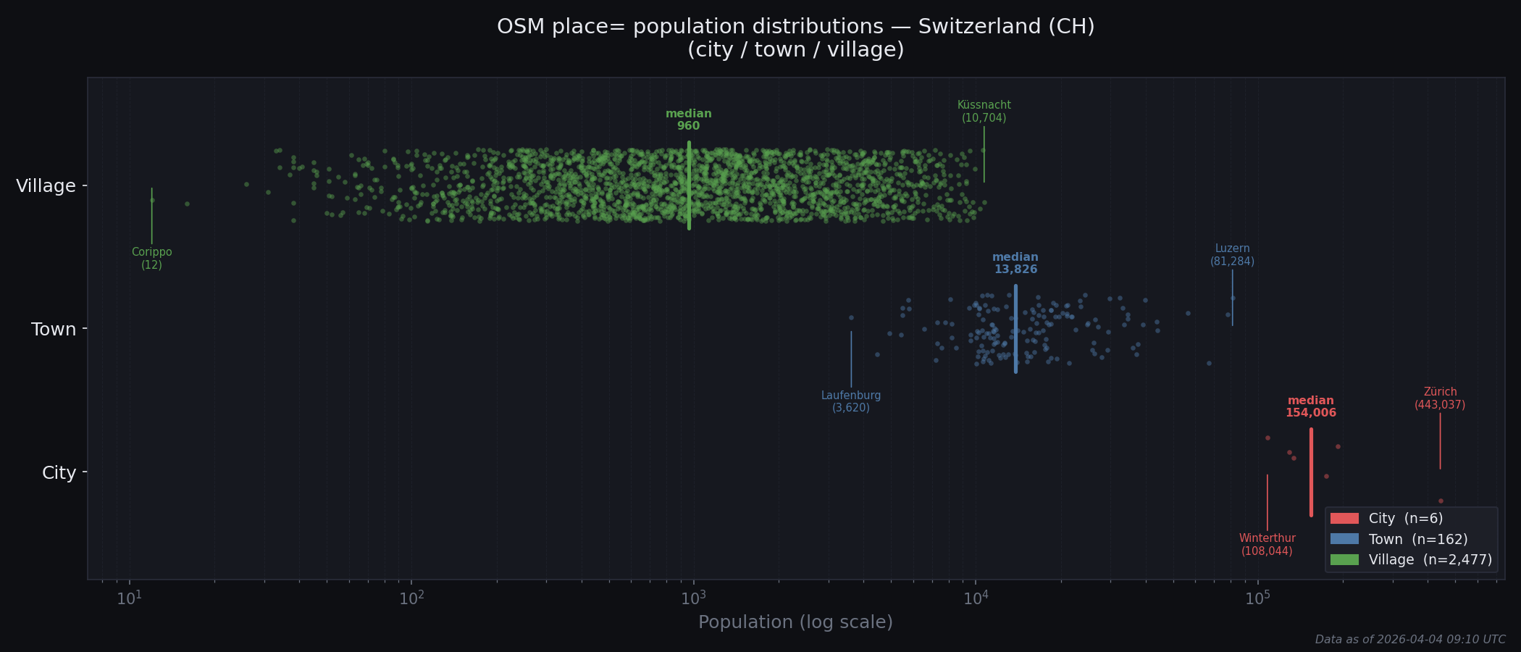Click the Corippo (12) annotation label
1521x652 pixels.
[151, 259]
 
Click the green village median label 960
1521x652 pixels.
[688, 120]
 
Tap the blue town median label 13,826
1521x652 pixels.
[1015, 264]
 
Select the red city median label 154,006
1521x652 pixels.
[1310, 407]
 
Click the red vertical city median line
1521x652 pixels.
[1311, 472]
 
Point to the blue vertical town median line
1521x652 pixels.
[1015, 329]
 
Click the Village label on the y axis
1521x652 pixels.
[46, 186]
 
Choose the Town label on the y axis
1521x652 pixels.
[54, 330]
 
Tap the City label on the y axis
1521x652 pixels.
[59, 473]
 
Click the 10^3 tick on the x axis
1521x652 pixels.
[693, 598]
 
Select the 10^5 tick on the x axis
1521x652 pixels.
[1257, 598]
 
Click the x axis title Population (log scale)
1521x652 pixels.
[795, 622]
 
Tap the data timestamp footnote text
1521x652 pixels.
[1409, 640]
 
